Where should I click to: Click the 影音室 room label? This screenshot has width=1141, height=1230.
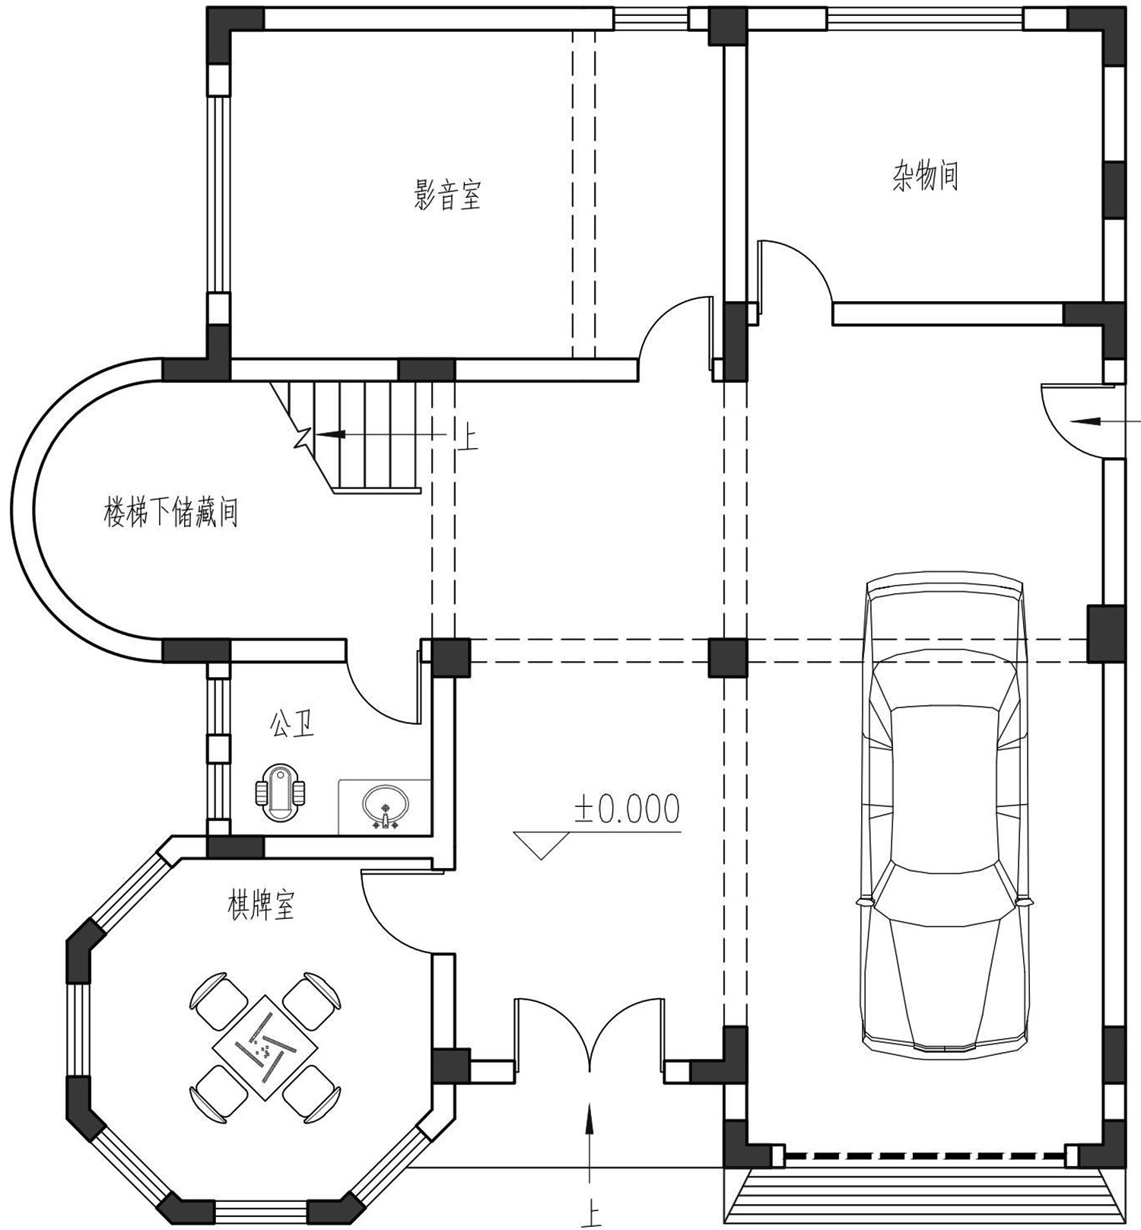tap(447, 195)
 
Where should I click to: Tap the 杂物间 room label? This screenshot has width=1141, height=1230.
tap(925, 176)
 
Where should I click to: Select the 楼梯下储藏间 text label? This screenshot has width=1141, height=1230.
tap(171, 512)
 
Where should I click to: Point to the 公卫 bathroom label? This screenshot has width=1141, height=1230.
tap(292, 723)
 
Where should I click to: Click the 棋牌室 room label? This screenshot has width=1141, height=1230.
tap(261, 905)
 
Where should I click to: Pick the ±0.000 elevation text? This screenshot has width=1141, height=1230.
tap(626, 809)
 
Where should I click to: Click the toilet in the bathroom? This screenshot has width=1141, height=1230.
tap(280, 793)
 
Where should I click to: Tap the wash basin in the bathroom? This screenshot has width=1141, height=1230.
tap(386, 806)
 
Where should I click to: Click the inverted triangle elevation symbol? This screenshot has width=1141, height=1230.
tap(542, 845)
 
